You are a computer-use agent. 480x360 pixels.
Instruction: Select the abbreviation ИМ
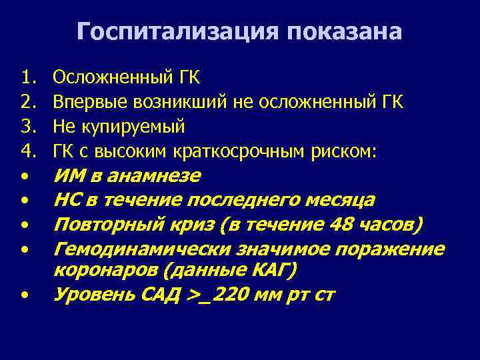(68, 176)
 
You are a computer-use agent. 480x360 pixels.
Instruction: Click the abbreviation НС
(67, 201)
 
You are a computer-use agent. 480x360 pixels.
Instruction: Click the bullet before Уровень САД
(24, 294)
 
